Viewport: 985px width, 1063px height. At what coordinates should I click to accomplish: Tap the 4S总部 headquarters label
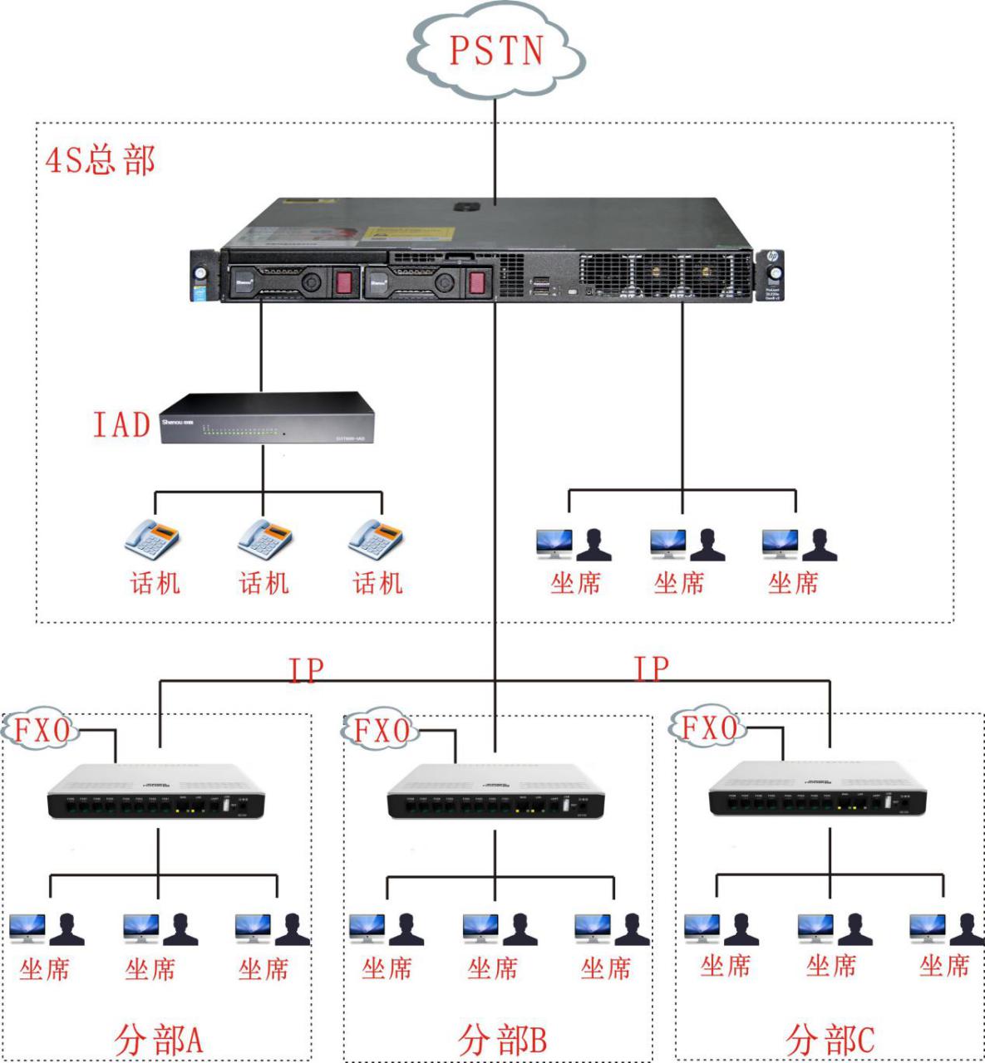coord(101,159)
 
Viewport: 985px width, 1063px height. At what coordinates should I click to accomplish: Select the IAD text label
coord(121,424)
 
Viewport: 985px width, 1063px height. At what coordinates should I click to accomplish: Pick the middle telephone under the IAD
coord(264,539)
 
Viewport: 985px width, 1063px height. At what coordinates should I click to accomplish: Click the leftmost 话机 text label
coord(155,583)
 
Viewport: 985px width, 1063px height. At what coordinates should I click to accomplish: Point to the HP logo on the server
coord(772,257)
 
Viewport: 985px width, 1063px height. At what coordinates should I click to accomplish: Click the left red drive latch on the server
coord(345,282)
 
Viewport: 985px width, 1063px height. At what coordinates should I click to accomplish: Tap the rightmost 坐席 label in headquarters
coord(793,583)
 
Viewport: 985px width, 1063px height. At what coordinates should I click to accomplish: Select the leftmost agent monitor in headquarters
coord(554,543)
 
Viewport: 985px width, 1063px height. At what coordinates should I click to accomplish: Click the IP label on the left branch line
coord(305,669)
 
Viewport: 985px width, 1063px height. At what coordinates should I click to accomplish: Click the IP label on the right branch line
coord(651,668)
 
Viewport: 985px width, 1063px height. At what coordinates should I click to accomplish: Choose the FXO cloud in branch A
coord(42,731)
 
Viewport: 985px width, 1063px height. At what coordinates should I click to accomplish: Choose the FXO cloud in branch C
coord(709,728)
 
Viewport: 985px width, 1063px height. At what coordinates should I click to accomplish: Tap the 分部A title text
coord(158,1040)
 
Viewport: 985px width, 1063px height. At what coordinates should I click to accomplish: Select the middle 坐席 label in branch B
coord(492,968)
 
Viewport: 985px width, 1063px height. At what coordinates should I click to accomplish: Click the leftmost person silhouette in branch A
coord(66,930)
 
